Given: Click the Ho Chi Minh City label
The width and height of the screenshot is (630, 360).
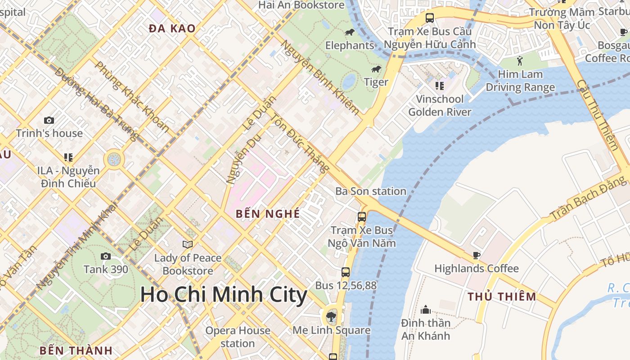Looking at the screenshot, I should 224,295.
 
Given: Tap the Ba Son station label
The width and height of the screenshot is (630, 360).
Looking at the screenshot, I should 371,191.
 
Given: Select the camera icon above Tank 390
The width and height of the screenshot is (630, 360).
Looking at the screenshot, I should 106,256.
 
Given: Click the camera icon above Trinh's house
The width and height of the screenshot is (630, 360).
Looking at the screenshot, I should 49,120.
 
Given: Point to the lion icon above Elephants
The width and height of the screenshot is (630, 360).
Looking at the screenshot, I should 350,32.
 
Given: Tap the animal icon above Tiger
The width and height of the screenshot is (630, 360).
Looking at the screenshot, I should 376,69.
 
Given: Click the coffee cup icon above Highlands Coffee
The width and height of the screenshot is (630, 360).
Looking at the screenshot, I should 477,256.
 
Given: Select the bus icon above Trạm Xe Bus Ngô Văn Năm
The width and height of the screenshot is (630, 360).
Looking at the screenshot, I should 362,217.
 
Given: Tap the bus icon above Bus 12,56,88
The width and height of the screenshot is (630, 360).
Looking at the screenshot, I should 346,272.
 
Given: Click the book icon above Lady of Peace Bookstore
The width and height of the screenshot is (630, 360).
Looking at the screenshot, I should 188,244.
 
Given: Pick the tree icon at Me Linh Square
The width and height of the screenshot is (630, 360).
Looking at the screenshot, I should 332,315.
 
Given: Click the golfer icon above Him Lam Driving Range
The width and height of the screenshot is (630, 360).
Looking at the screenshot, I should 520,61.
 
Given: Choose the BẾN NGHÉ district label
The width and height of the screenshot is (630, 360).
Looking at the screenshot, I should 268,214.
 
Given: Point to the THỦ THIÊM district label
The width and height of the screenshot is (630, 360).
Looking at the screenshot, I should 502,297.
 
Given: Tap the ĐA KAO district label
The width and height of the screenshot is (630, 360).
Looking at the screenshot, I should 172,29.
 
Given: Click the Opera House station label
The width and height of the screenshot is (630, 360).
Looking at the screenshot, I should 238,337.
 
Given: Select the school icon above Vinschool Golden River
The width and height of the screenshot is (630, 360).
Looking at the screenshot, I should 440,85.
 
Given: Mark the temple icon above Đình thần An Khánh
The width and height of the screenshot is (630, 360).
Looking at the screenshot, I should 426,310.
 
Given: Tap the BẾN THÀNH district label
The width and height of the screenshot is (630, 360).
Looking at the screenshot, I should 76,351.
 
